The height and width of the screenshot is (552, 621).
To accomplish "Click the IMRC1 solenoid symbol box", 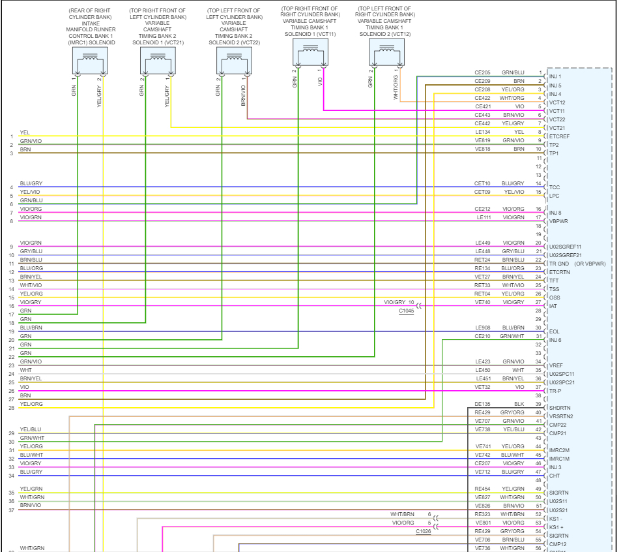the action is [x=89, y=60].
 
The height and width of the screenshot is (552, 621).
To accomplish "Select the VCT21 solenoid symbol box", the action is [x=158, y=60].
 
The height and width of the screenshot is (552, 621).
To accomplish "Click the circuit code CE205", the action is [x=482, y=72].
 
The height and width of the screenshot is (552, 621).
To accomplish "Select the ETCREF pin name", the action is [x=560, y=136].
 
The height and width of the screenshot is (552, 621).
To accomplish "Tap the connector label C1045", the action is [x=407, y=311].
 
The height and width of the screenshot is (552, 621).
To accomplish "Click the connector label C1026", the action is [x=424, y=532].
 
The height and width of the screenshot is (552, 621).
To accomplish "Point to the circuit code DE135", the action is [x=482, y=404].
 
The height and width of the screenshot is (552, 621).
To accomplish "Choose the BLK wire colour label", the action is [x=519, y=404].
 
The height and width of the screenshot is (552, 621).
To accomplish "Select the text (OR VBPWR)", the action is [x=590, y=264].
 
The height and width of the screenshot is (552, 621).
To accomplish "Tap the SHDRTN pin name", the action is [x=560, y=408].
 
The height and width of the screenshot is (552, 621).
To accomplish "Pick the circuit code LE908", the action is [x=482, y=328].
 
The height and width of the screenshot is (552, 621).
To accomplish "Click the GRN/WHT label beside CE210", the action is [x=513, y=336].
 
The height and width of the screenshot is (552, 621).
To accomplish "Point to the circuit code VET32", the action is [x=482, y=387].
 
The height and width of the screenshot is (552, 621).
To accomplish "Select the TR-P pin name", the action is [x=555, y=391].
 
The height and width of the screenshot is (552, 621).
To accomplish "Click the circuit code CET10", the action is [x=482, y=183].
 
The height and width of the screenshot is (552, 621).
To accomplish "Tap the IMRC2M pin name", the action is [x=560, y=450].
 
